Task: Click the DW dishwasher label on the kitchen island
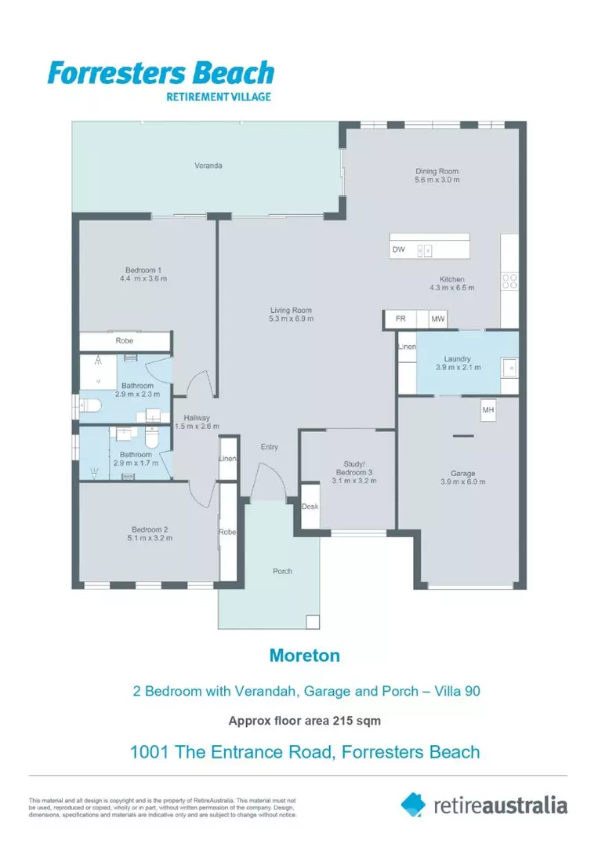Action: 398,250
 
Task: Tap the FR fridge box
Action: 400,319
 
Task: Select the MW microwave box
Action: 437,319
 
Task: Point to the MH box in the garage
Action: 487,410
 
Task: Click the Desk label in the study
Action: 310,507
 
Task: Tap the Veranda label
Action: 208,165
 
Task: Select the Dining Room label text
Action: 437,171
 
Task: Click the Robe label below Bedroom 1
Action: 125,341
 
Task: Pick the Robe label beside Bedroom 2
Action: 227,532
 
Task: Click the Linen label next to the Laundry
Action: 407,346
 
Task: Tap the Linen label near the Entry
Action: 227,459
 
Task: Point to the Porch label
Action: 282,571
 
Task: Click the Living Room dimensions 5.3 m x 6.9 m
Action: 291,319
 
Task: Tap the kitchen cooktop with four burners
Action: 509,281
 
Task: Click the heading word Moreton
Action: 304,656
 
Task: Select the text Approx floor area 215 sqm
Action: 304,720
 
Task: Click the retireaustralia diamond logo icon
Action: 414,804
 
